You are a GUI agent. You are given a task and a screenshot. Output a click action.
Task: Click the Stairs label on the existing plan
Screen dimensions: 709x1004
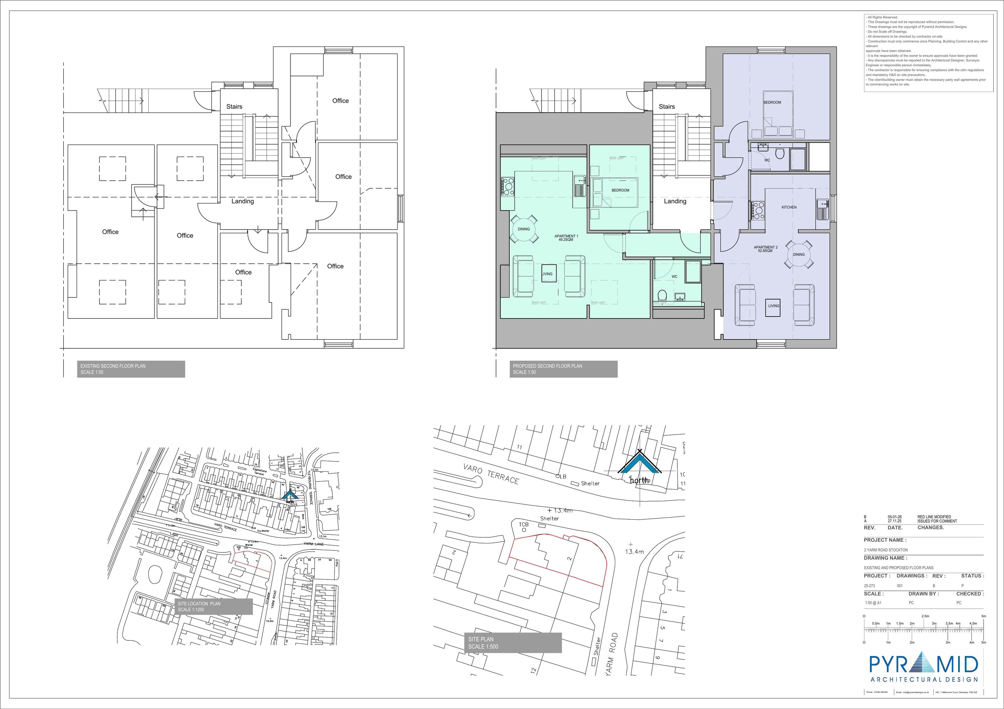click(x=234, y=107)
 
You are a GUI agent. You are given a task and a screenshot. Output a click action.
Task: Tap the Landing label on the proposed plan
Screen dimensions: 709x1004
click(x=675, y=201)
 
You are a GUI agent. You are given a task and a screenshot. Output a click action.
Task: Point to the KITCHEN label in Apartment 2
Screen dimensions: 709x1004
click(x=789, y=207)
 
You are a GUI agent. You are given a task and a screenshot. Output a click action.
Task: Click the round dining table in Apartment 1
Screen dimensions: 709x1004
click(x=524, y=229)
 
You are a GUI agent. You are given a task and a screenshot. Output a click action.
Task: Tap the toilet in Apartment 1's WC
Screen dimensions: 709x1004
click(x=661, y=295)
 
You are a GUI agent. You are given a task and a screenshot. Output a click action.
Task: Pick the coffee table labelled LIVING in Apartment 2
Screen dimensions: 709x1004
click(x=773, y=306)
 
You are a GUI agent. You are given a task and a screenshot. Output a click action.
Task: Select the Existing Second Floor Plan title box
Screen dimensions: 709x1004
click(x=124, y=369)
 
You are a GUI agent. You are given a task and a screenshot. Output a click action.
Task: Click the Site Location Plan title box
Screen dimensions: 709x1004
click(x=214, y=606)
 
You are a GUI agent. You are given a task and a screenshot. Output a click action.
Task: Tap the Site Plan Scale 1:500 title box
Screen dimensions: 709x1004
click(x=512, y=642)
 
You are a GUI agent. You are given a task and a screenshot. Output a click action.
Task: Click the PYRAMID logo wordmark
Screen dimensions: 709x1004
click(x=923, y=665)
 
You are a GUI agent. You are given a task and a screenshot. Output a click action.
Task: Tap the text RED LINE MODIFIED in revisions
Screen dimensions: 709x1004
click(x=934, y=517)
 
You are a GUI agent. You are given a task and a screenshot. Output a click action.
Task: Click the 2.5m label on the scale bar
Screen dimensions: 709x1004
click(x=925, y=616)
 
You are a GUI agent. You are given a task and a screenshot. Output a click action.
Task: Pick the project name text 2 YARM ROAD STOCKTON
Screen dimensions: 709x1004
click(x=886, y=550)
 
